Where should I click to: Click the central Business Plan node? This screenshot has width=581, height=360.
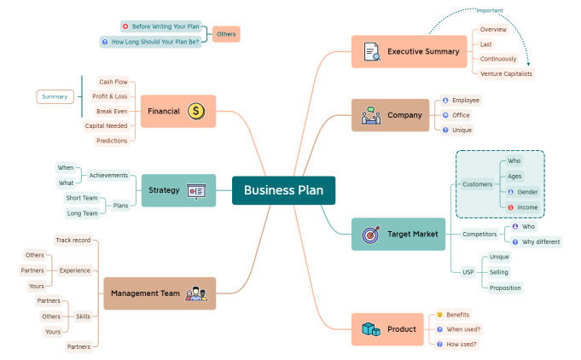(x=283, y=190)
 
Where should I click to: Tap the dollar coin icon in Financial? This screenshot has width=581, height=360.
(x=196, y=111)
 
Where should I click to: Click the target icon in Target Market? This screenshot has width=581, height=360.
(x=370, y=234)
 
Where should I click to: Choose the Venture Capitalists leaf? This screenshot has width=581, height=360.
(x=506, y=74)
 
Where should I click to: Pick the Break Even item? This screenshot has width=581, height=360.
(x=112, y=111)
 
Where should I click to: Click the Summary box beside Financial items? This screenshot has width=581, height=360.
(x=55, y=96)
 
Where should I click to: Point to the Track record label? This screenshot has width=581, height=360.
(x=73, y=241)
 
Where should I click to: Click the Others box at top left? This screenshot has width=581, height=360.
(x=226, y=34)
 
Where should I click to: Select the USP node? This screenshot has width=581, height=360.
(x=468, y=272)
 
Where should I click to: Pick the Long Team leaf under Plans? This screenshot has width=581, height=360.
(x=82, y=213)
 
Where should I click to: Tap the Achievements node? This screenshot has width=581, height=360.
(x=108, y=176)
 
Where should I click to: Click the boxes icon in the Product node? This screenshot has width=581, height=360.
(x=369, y=328)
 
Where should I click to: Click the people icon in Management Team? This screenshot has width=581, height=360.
(x=196, y=293)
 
